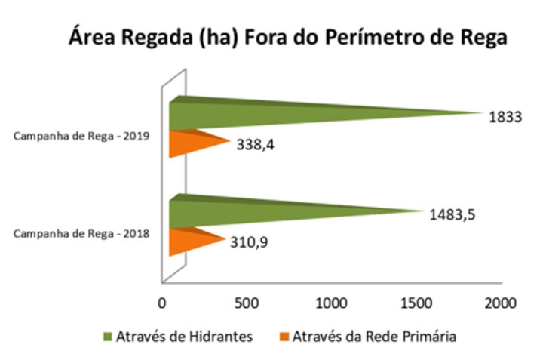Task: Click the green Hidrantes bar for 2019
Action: point(302,113)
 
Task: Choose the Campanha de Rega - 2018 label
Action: point(84,233)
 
